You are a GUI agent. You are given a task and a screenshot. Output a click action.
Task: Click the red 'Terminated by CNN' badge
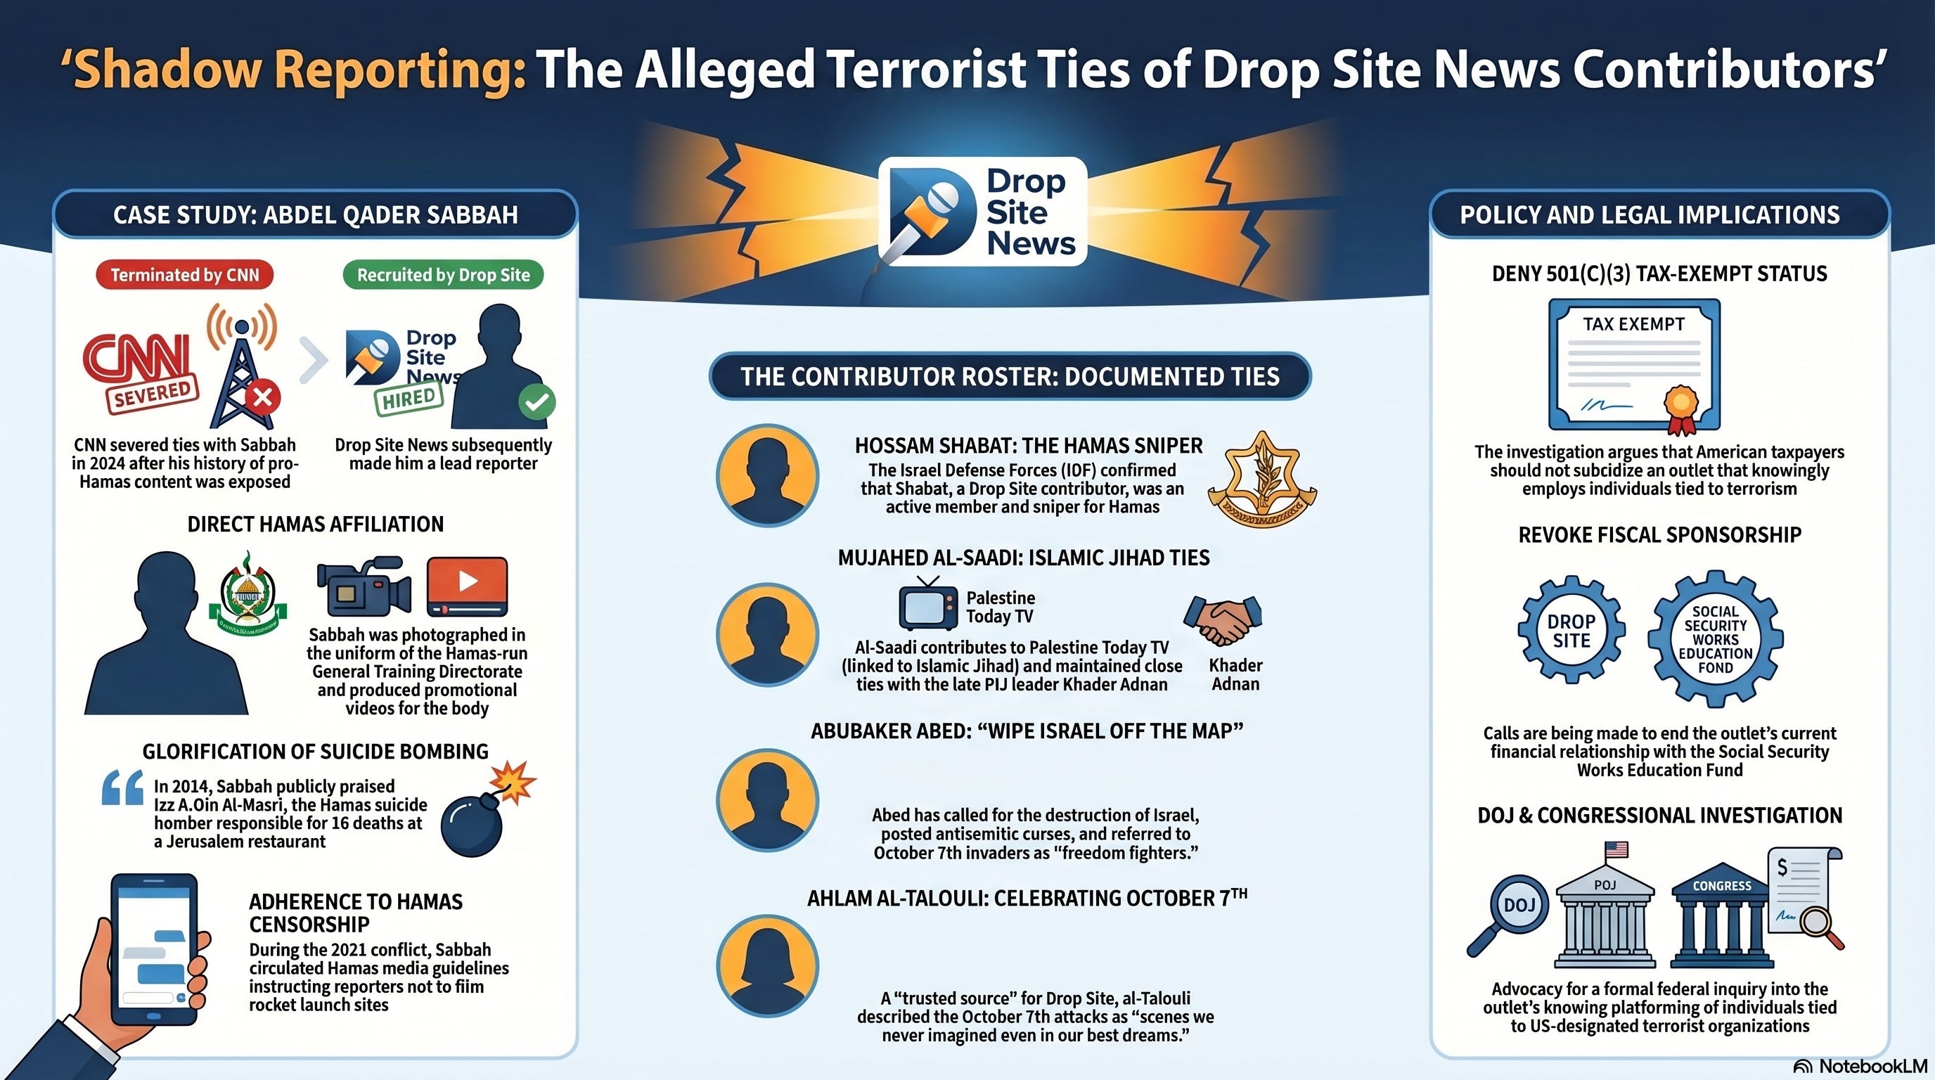pos(184,275)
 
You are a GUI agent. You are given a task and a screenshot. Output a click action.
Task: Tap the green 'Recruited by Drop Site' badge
pos(443,275)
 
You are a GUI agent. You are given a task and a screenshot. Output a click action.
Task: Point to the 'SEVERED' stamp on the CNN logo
pos(153,394)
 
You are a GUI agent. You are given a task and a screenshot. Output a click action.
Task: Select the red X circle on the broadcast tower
pos(262,397)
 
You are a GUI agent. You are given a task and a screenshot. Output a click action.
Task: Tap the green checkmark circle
pos(537,401)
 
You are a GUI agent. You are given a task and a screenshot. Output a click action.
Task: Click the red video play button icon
pos(467,583)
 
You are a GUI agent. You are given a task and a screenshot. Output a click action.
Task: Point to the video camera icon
pos(364,585)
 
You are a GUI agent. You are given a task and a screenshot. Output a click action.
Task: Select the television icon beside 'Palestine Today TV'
pos(928,606)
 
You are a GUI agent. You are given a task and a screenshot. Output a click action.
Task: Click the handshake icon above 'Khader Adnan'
pos(1223,620)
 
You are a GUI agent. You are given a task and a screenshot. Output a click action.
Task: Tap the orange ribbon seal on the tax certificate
pos(1681,406)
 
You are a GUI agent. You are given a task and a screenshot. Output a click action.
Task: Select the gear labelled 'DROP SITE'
pos(1571,631)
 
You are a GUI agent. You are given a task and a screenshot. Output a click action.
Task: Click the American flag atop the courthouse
pos(1616,849)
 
